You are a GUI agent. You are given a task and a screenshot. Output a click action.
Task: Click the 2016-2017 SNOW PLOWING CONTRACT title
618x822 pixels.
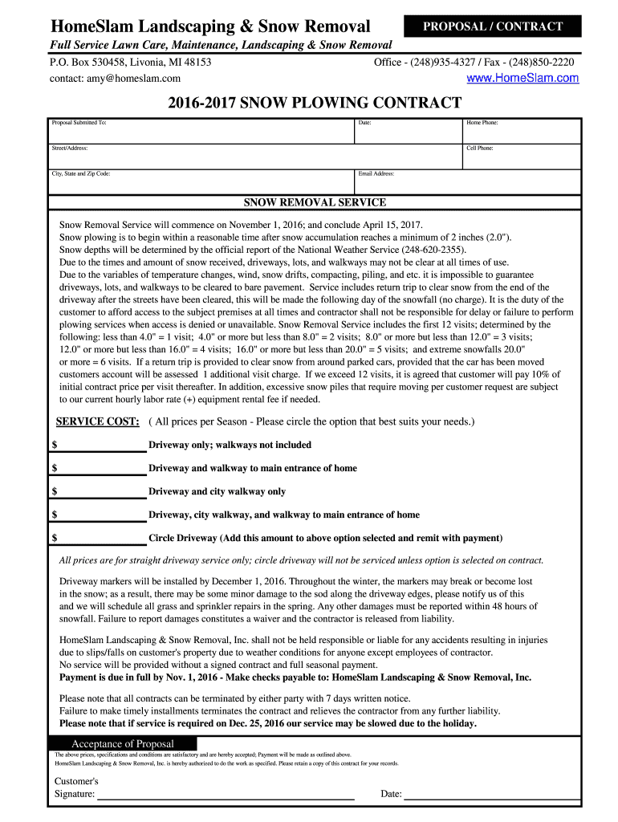coord(315,103)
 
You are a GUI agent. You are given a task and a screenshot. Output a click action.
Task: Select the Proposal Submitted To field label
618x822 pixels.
coord(79,123)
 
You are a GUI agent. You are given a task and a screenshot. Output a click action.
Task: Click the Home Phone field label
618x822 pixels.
coord(482,123)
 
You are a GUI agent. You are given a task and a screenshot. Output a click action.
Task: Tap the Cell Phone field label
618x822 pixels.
coord(480,149)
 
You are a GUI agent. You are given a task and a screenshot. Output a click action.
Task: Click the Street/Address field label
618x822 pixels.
coord(70,149)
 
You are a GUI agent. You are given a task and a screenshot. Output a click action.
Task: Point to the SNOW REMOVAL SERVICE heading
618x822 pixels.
coord(315,202)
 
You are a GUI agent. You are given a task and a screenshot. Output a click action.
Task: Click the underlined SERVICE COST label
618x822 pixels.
coord(97,421)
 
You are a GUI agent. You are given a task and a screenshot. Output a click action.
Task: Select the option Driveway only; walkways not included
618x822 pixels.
coord(230,445)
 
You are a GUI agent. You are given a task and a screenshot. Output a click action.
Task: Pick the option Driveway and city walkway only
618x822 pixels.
coord(217,491)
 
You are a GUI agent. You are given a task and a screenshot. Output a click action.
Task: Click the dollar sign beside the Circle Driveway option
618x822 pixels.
coord(55,538)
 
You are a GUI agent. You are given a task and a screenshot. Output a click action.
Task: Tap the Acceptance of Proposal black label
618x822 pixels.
coord(122,743)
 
